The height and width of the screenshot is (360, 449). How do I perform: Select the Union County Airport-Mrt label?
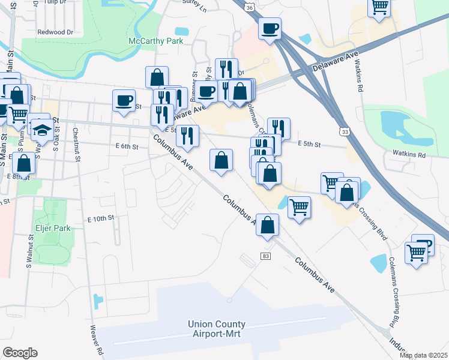pos(216,329)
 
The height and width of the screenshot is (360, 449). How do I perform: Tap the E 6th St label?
pos(127,146)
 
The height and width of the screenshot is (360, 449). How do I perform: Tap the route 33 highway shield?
pos(344,131)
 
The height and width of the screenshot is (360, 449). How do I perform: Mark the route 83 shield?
pos(265,256)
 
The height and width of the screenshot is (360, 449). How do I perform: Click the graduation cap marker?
pos(42,130)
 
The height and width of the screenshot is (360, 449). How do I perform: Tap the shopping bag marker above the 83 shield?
pos(268,226)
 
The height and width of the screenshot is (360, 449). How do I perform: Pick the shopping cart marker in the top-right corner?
pos(379,7)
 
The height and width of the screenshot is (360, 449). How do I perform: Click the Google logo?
pos(20,353)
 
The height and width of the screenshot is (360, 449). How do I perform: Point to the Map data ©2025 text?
pos(423,355)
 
